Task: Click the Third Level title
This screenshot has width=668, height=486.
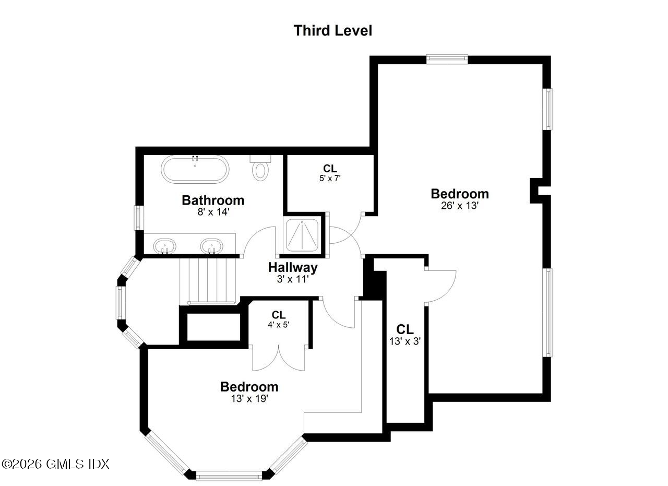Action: coord(333,30)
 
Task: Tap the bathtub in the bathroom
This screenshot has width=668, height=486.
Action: coord(195,169)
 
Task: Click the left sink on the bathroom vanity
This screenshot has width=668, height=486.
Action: coord(164,246)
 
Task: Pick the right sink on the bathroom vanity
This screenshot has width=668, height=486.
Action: coord(212,246)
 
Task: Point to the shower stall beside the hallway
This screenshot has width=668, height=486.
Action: coord(303,234)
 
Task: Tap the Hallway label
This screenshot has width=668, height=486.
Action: coord(292,268)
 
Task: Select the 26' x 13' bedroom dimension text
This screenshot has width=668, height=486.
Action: coord(460,206)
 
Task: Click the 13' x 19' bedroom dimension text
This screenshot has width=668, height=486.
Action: coord(249,399)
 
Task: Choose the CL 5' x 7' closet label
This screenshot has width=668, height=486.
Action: coord(330,173)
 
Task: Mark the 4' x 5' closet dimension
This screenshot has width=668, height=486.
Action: coord(278,324)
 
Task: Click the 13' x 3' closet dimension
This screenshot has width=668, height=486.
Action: coord(405,341)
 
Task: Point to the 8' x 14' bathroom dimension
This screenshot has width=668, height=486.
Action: coord(212,212)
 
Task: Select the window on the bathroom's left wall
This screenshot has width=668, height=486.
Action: coord(138,218)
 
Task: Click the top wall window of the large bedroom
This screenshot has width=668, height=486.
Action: coord(447,59)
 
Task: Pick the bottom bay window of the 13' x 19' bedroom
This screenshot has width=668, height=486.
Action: coord(229,475)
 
